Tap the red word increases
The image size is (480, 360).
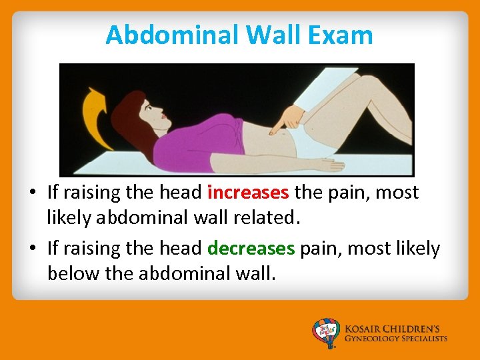(x=248, y=193)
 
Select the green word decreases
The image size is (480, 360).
(x=251, y=249)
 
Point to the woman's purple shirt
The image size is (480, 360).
(x=193, y=143)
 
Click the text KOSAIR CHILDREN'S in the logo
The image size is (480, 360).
(x=394, y=329)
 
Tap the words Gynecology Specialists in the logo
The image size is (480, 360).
(x=396, y=339)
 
